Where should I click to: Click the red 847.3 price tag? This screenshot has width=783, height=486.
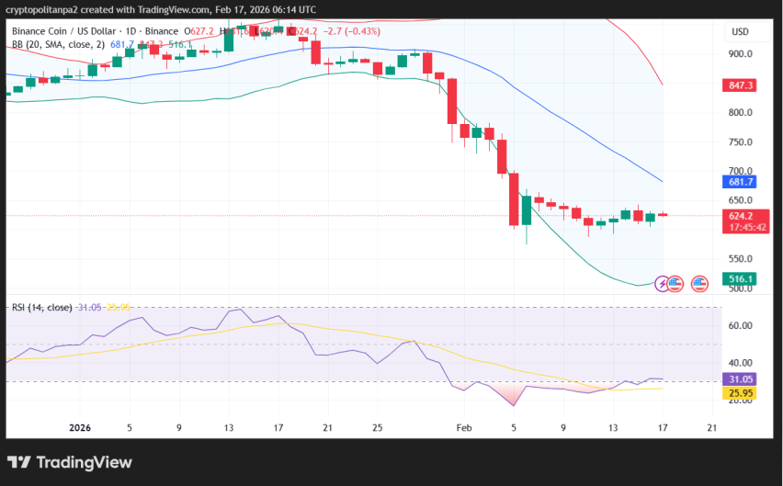coord(740,85)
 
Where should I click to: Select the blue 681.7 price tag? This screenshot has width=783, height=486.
coord(740,182)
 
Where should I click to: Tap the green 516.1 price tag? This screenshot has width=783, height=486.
coord(740,278)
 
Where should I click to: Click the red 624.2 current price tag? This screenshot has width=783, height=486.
coord(740,215)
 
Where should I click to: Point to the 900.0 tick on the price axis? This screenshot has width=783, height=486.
coord(740,53)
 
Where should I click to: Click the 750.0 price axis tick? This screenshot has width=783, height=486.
coord(740,141)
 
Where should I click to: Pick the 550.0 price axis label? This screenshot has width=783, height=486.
coord(740,259)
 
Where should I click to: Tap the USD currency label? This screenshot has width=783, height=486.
coord(740,31)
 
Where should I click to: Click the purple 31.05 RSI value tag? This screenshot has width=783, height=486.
coord(740,379)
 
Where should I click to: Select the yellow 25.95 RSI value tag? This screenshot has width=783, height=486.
coord(740,393)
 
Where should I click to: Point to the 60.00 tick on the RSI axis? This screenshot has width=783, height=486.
coord(741,325)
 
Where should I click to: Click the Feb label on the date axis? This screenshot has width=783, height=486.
coord(464,427)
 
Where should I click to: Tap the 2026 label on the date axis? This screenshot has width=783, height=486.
coord(81,427)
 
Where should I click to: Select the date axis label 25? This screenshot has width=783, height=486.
coord(377,427)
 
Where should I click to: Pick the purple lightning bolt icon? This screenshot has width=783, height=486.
coord(662,283)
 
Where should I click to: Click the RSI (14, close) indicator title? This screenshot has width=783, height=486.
coord(41,307)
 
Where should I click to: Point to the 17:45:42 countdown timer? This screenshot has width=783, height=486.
coord(741,227)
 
